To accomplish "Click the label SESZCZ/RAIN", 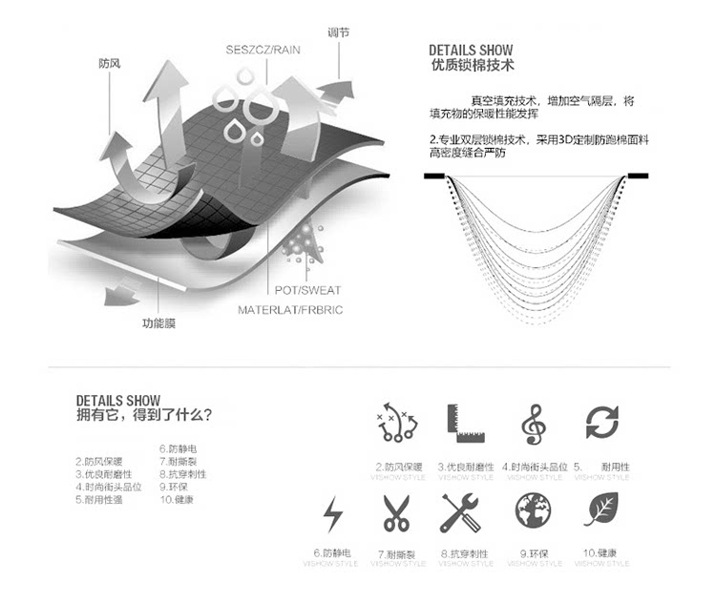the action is tap(263, 51).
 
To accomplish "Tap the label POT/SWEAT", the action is tap(308, 290).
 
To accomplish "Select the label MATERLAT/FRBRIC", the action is tap(291, 309).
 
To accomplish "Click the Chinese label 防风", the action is tap(110, 64).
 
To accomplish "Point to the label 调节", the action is tap(338, 32).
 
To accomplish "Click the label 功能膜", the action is tap(158, 322).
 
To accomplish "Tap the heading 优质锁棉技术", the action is tap(473, 67).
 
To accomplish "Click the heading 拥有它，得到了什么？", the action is tap(144, 415).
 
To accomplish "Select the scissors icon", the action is tap(396, 513).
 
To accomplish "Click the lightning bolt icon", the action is tap(333, 514).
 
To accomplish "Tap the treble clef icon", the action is tap(533, 424).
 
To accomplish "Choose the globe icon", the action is tap(534, 512).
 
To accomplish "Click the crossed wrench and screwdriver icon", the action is tap(460, 513).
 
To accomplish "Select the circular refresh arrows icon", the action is tap(602, 422).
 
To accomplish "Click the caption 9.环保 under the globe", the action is tap(534, 552).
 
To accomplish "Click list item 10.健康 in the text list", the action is tap(177, 499).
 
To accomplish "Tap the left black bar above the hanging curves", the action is tap(435, 177).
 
